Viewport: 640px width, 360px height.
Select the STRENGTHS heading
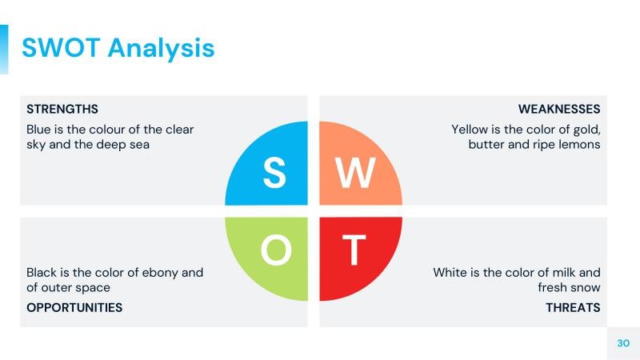tap(62, 109)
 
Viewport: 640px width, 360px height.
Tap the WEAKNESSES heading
tap(559, 109)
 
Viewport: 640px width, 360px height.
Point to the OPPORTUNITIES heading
tap(74, 307)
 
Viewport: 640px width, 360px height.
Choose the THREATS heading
tap(573, 307)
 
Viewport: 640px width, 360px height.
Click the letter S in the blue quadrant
tap(274, 173)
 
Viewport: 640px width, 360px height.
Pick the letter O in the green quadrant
tap(276, 251)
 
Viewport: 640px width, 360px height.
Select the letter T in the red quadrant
tap(354, 251)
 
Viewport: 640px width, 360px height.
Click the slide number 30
tap(623, 342)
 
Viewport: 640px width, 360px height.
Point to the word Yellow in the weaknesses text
tap(472, 129)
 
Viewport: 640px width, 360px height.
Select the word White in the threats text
tap(451, 272)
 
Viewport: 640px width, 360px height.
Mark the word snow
tap(585, 287)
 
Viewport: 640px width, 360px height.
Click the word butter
tap(486, 145)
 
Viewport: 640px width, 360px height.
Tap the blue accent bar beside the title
tap(4, 49)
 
